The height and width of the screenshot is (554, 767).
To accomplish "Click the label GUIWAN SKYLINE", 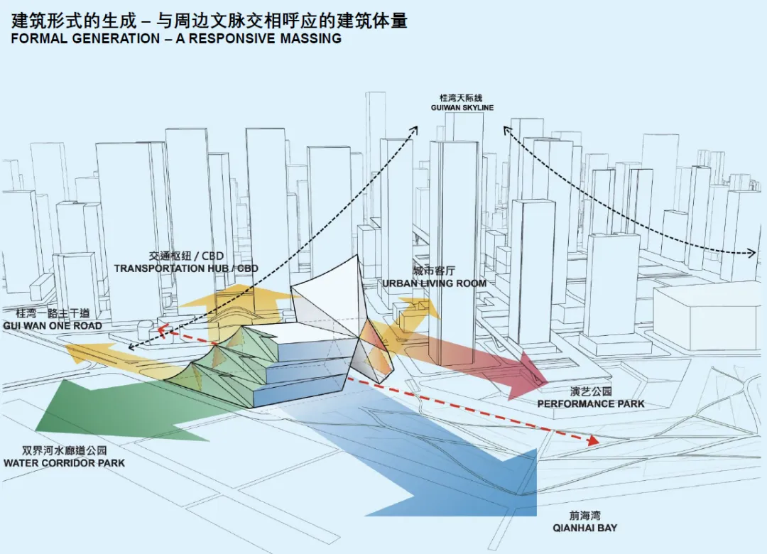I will tap(462, 107).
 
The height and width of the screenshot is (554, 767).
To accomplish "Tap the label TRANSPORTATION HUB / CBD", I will tap(186, 268).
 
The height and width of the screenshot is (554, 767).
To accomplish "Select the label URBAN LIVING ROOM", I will tap(435, 283).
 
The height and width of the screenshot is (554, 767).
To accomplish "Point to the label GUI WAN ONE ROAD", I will tap(52, 325).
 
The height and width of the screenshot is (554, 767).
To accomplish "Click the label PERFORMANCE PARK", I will tap(591, 403).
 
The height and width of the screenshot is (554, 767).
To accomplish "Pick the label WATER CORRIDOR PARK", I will tap(64, 463).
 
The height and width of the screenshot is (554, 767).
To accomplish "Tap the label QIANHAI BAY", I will tap(584, 528).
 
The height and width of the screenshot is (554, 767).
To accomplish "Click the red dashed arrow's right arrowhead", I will tap(594, 442).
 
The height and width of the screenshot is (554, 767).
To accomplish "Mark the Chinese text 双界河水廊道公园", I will tap(64, 451).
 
